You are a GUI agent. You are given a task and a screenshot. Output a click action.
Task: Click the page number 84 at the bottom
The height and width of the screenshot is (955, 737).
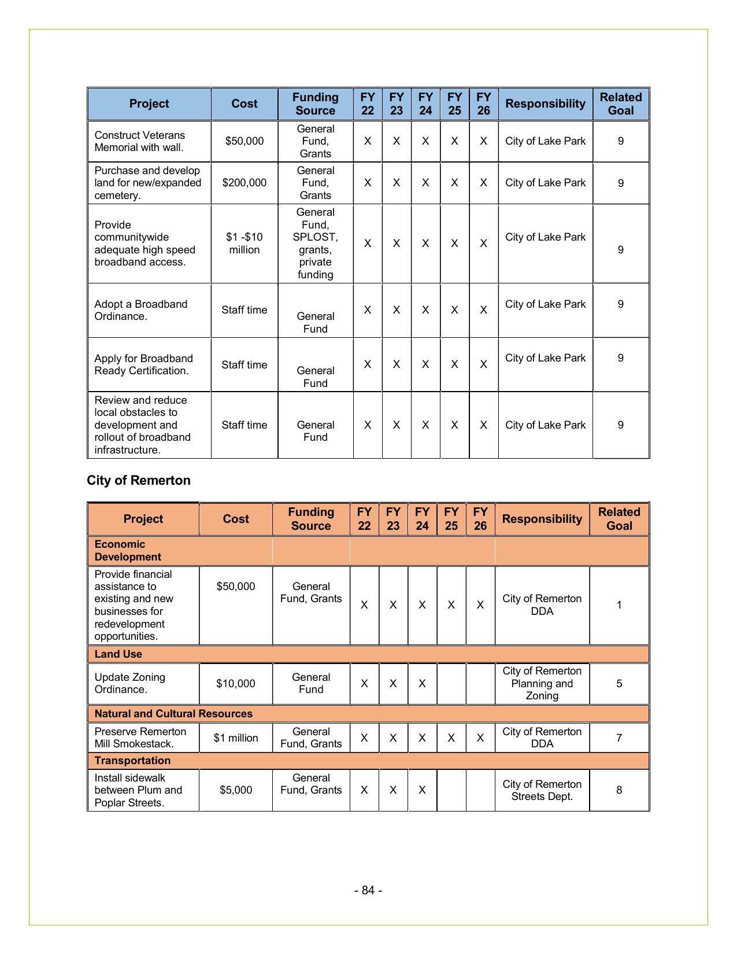click(368, 890)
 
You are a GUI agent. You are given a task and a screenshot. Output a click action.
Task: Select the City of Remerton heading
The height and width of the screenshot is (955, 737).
click(139, 481)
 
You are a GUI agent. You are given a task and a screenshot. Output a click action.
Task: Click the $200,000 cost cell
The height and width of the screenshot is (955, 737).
click(245, 183)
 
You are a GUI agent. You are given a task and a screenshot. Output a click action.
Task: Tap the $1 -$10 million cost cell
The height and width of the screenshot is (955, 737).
click(245, 244)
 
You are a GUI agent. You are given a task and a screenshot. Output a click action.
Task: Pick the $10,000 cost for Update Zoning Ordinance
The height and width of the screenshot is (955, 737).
click(236, 684)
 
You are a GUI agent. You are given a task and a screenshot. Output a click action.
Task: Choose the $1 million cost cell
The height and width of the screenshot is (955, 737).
click(236, 738)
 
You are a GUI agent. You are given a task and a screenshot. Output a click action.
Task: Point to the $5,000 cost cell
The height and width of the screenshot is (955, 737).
click(236, 790)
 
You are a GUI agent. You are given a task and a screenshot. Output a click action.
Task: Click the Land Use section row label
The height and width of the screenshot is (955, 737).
click(118, 654)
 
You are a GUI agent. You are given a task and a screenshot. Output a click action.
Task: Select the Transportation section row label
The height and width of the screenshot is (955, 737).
click(132, 761)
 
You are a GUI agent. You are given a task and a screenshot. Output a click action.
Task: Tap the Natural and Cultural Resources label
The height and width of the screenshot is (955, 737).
click(173, 714)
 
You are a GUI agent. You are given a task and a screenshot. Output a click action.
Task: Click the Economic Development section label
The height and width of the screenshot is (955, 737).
click(128, 551)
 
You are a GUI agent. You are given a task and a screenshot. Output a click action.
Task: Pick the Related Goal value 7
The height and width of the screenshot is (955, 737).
click(619, 738)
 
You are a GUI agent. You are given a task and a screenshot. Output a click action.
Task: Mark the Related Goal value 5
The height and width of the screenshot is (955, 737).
click(619, 684)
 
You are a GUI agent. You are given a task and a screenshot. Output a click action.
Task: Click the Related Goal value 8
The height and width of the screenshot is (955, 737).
click(619, 790)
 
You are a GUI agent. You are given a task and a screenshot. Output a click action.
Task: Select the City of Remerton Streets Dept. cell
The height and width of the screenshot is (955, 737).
click(542, 790)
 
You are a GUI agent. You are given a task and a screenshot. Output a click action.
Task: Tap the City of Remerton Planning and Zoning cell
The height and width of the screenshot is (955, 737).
click(542, 684)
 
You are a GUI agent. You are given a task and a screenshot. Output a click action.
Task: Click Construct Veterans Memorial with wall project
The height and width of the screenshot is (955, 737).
click(139, 141)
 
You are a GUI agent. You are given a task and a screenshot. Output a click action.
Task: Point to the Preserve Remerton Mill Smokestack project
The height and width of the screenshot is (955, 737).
click(140, 738)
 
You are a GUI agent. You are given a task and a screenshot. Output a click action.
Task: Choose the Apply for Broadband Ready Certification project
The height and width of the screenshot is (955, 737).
click(143, 364)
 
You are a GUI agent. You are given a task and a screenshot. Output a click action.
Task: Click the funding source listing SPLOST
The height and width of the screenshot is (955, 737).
click(316, 244)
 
